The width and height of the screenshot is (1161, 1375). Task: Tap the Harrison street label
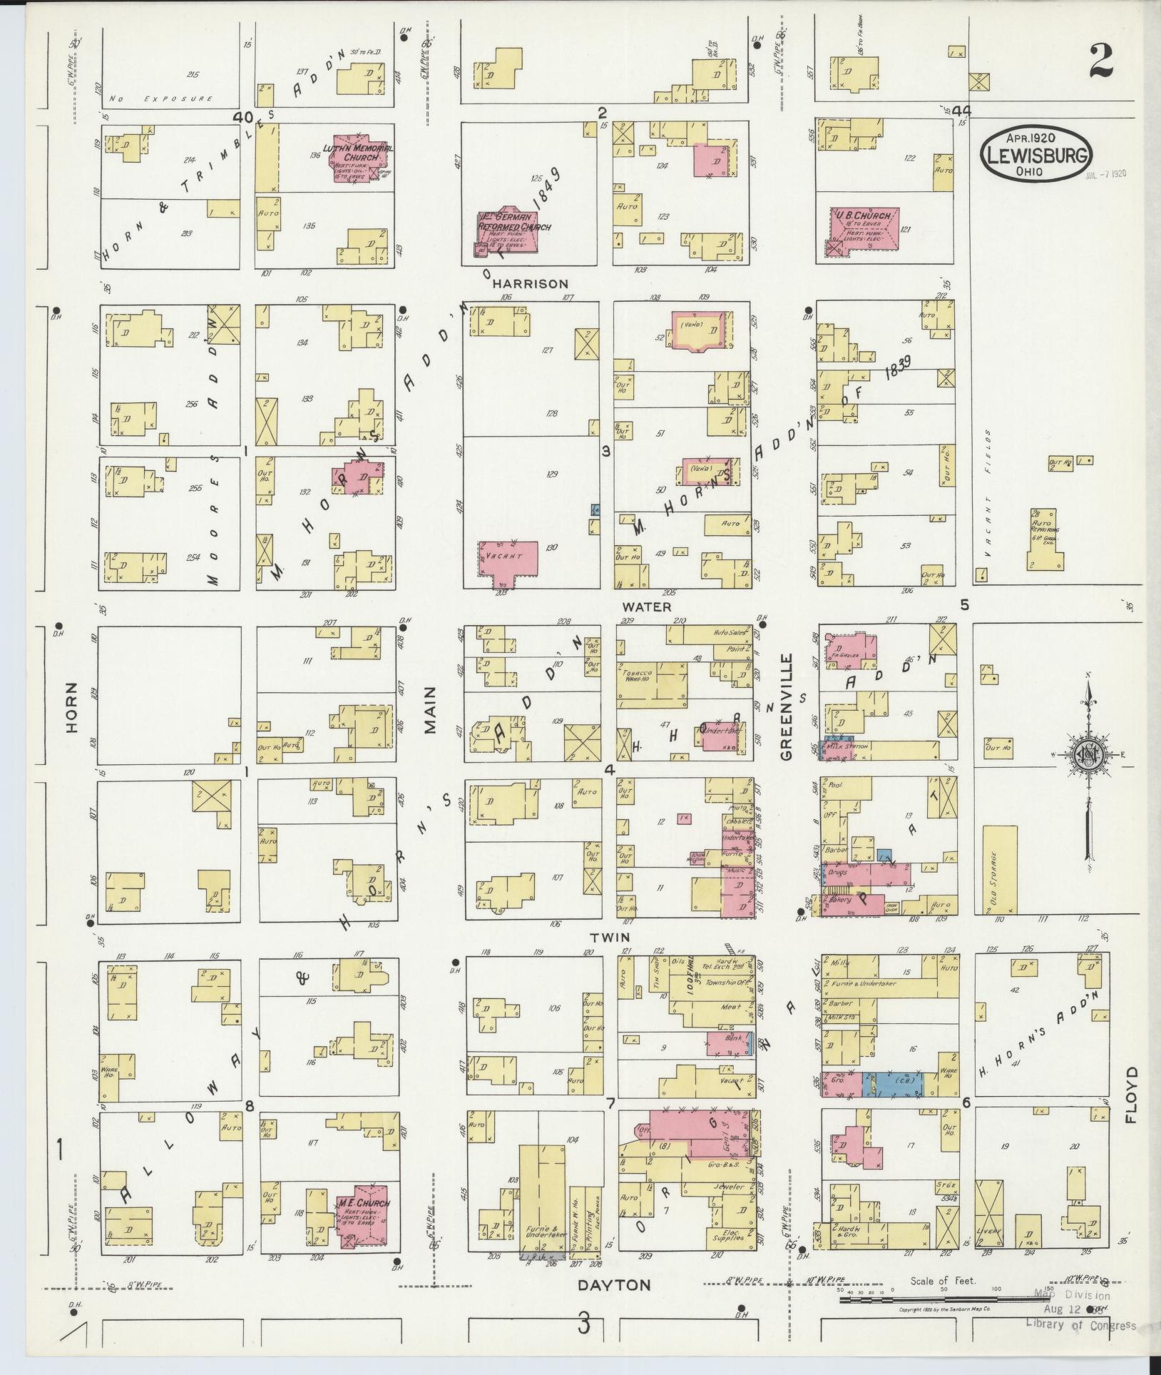(x=529, y=284)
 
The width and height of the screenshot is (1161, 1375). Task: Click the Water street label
(x=646, y=607)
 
